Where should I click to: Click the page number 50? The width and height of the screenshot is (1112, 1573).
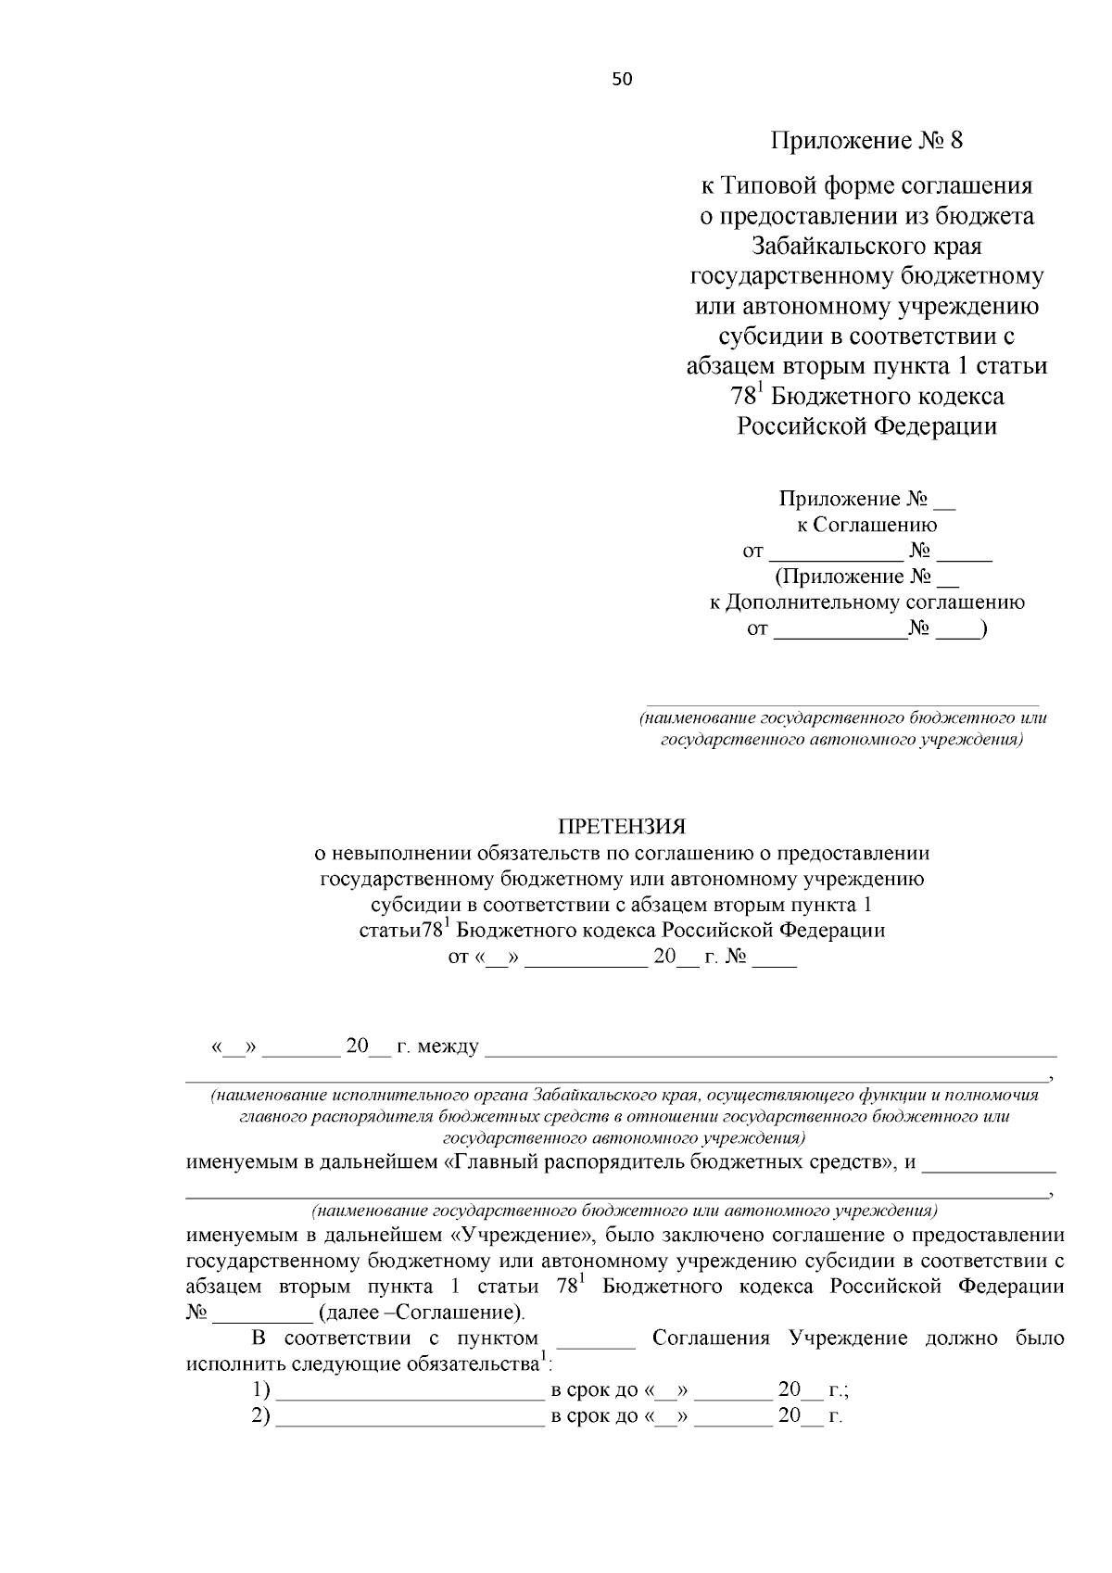(622, 80)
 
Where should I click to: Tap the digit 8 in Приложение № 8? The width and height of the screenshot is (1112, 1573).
(956, 141)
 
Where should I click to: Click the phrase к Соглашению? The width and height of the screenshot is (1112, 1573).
(866, 526)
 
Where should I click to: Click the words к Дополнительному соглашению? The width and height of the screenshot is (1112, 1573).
(866, 603)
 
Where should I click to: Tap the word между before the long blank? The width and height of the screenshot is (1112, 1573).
(449, 1047)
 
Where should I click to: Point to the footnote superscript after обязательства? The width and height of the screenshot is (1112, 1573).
(544, 1358)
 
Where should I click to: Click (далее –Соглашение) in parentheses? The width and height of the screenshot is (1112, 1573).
(421, 1313)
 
